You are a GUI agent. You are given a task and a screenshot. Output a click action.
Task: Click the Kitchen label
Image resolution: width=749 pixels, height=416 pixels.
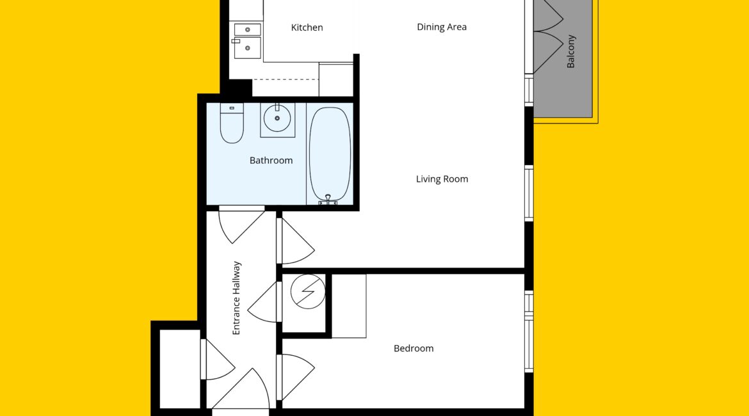pyautogui.click(x=307, y=28)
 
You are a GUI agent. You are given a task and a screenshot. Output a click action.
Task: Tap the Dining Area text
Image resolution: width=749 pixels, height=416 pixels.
pyautogui.click(x=441, y=28)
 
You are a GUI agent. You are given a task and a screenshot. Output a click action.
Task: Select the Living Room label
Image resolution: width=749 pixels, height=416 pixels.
pyautogui.click(x=442, y=179)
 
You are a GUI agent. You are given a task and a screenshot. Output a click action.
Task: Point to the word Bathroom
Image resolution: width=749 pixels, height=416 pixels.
pyautogui.click(x=271, y=161)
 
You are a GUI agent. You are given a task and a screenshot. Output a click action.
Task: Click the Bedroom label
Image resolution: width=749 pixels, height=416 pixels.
pyautogui.click(x=414, y=349)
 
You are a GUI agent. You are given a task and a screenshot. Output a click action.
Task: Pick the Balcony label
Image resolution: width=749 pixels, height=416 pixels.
pyautogui.click(x=570, y=52)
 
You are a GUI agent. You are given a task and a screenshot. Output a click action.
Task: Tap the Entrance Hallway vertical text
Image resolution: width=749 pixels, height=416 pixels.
pyautogui.click(x=236, y=298)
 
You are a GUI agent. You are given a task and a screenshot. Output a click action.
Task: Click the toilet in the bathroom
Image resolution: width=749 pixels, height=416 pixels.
pyautogui.click(x=232, y=124)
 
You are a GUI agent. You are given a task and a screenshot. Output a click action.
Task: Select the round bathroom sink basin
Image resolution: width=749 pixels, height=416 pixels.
pyautogui.click(x=277, y=118)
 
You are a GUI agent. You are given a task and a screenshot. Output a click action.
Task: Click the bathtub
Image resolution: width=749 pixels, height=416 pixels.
pyautogui.click(x=330, y=154)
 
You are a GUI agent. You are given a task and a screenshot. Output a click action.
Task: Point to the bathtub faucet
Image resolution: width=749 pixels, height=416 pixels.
pyautogui.click(x=328, y=200)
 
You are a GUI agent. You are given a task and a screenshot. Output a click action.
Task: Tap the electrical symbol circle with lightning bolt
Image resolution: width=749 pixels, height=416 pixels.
pyautogui.click(x=308, y=291)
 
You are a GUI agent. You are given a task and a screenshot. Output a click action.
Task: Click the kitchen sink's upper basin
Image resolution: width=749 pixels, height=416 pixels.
pyautogui.click(x=248, y=29)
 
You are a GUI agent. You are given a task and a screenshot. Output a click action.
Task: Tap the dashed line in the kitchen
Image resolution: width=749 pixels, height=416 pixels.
pyautogui.click(x=285, y=79)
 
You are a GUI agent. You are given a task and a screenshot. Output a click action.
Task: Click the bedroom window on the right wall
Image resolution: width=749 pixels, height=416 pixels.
pyautogui.click(x=529, y=332)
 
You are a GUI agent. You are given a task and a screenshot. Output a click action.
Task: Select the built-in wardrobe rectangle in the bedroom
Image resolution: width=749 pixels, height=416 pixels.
pyautogui.click(x=349, y=306)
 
